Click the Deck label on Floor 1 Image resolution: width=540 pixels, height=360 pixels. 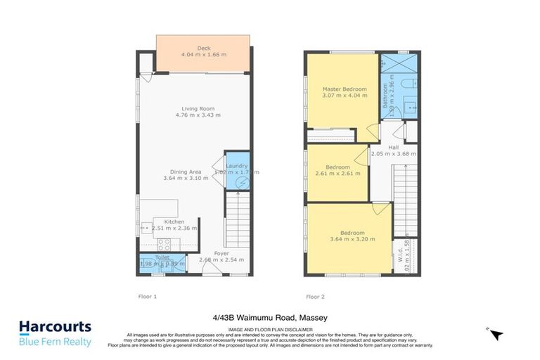click(x=203, y=49)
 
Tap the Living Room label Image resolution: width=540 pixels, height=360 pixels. click(x=198, y=109)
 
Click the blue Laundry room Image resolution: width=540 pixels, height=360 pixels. click(x=237, y=170)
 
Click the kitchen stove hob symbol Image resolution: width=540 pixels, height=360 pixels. click(x=163, y=244)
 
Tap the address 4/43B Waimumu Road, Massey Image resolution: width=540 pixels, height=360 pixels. click(x=270, y=317)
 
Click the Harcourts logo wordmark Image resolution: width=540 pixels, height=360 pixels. click(x=55, y=327)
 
